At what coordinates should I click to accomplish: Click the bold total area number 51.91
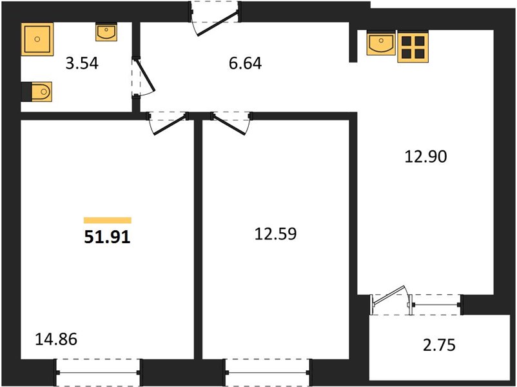pyautogui.click(x=108, y=237)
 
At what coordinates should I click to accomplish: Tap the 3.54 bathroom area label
pyautogui.click(x=82, y=63)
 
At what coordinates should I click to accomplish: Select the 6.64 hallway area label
pyautogui.click(x=246, y=63)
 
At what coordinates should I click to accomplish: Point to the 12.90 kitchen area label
pyautogui.click(x=425, y=156)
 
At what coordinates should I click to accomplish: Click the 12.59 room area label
pyautogui.click(x=276, y=233)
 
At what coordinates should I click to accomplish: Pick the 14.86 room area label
pyautogui.click(x=56, y=339)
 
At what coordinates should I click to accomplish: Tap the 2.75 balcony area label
pyautogui.click(x=439, y=345)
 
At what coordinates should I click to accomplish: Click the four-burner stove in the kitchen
pyautogui.click(x=413, y=46)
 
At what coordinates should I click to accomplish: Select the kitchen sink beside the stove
pyautogui.click(x=381, y=43)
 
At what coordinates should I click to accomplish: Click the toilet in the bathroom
pyautogui.click(x=37, y=92)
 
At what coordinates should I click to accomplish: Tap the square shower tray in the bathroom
pyautogui.click(x=37, y=39)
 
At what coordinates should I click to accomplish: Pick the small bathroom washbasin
pyautogui.click(x=106, y=32)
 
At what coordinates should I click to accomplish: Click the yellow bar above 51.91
pyautogui.click(x=108, y=221)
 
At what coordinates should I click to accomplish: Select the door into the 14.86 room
pyautogui.click(x=168, y=123)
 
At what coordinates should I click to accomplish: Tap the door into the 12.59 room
pyautogui.click(x=231, y=123)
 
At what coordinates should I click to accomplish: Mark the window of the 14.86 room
pyautogui.click(x=98, y=372)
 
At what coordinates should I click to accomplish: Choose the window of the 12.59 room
pyautogui.click(x=268, y=372)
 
